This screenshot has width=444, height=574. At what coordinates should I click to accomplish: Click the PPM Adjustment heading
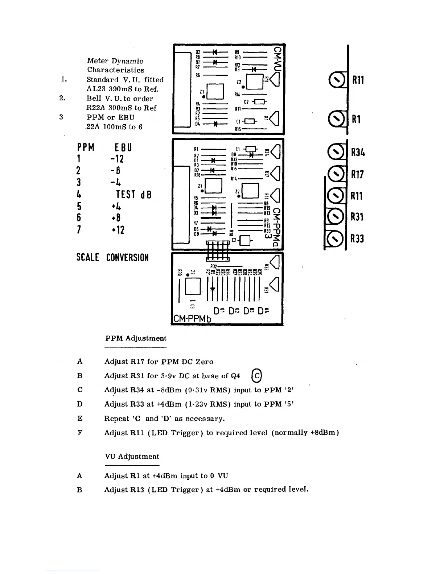[x=136, y=338]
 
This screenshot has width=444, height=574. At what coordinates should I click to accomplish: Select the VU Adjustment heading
[x=132, y=457]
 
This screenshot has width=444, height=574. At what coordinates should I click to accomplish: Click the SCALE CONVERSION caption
[x=112, y=258]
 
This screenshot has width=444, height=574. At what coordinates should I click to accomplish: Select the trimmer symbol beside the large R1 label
[x=336, y=119]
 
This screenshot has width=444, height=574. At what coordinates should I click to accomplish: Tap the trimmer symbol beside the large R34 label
[x=336, y=152]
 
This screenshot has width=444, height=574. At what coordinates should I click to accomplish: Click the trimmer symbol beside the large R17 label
[x=336, y=174]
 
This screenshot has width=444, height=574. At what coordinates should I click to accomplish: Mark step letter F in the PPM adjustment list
[x=80, y=433]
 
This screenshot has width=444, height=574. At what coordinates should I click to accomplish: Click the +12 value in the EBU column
[x=118, y=229]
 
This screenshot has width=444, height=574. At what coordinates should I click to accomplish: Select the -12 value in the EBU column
[x=118, y=159]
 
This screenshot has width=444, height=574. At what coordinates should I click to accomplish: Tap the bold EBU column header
[x=123, y=147]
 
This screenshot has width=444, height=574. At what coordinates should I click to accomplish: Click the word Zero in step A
[x=204, y=362]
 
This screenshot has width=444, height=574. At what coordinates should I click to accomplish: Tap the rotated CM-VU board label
[x=278, y=58]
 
